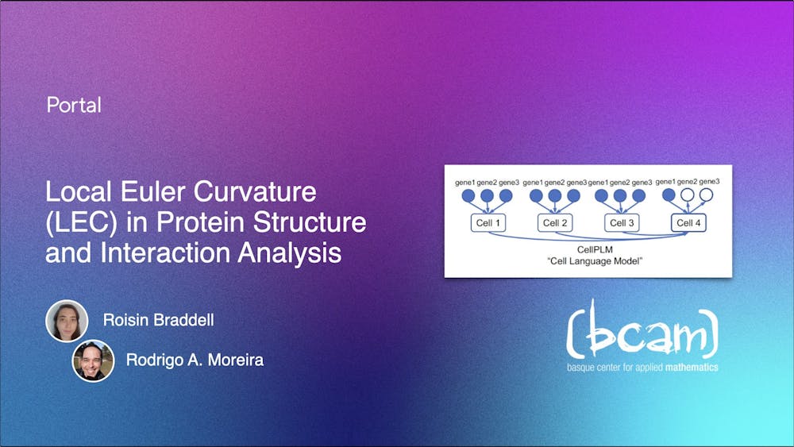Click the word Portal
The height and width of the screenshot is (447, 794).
coord(74,105)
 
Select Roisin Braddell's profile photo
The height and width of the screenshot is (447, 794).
coord(67,321)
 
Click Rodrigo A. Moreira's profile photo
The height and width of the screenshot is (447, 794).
coord(93,360)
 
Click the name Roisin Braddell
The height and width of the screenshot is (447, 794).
coord(159,321)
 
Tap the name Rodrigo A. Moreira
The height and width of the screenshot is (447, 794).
coord(195,360)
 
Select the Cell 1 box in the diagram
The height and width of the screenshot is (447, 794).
coord(487,223)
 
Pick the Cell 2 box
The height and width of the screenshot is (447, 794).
coord(553,223)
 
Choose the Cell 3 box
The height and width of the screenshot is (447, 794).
coord(620,223)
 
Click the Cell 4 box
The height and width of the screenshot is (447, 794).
coord(688,223)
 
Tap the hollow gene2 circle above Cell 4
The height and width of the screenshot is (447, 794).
coord(688,195)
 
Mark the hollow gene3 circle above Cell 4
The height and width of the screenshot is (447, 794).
coord(706,195)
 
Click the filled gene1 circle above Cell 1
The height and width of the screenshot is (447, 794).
coord(468,195)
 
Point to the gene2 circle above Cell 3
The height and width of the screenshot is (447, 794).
coord(620,195)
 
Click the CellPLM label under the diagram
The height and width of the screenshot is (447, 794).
coord(588,249)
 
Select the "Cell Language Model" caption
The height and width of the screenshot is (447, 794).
coord(588,260)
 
